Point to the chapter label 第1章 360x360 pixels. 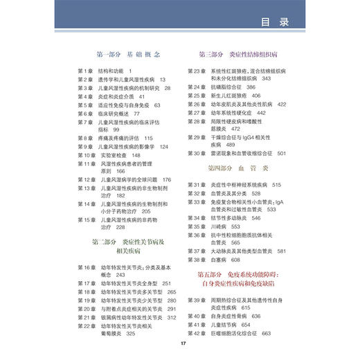click(86, 71)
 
